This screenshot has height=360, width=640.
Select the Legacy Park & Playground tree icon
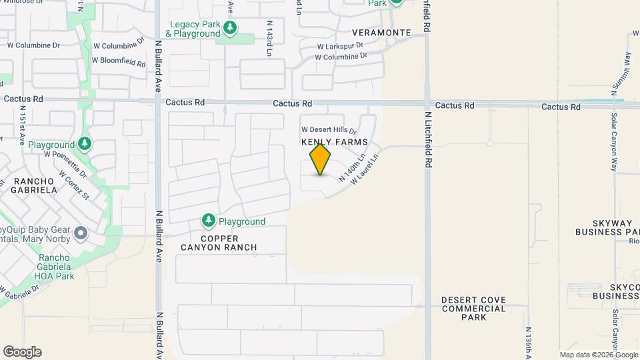tap(230, 28)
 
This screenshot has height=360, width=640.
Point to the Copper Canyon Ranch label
tap(219, 243)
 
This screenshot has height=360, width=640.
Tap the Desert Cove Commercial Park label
tap(474, 309)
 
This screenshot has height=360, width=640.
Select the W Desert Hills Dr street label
tap(329, 130)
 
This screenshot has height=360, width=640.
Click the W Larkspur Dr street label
tap(340, 46)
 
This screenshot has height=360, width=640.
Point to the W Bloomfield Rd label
tap(119, 61)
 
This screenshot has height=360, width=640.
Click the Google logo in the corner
tap(22, 352)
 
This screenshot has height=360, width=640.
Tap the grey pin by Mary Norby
tap(81, 233)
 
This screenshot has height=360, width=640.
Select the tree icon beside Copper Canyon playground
tap(209, 221)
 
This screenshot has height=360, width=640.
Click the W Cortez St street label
tap(74, 183)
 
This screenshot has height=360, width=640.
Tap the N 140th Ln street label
tap(353, 169)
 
